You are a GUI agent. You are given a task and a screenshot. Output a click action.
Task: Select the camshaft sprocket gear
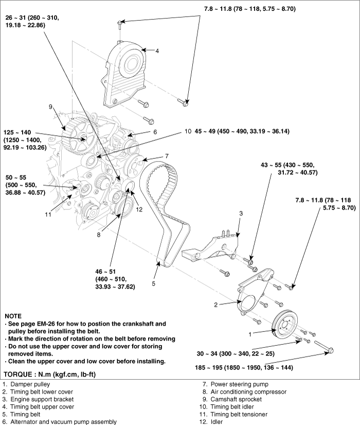coord(78,138)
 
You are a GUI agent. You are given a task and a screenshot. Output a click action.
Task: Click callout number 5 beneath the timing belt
coord(153,284)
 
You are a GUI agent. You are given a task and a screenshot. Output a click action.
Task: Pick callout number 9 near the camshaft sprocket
coord(50,107)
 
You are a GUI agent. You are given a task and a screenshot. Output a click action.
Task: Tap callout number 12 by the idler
coord(139,209)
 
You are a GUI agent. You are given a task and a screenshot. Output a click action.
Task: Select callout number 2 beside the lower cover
coord(215,305)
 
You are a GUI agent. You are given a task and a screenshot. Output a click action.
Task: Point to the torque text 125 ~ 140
coord(17,133)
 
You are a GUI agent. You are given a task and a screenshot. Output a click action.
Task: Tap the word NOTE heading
coord(13,316)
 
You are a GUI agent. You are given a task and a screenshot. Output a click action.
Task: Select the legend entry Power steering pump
coord(240,384)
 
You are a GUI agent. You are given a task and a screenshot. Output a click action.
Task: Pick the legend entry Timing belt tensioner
coord(239,414)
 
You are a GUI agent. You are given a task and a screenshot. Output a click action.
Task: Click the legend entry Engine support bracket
coord(42,399)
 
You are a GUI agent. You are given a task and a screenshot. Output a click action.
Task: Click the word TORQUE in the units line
coord(17,374)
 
